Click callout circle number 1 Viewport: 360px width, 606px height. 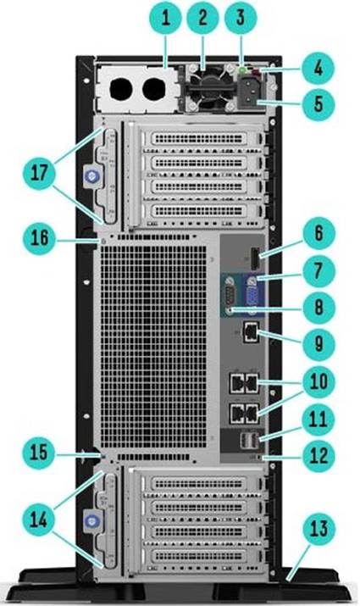[x=167, y=18]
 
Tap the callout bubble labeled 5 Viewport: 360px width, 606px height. [x=318, y=103]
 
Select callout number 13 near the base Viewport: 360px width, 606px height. [x=318, y=529]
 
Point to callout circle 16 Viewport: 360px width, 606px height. [x=40, y=237]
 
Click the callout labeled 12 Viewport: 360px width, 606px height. [x=318, y=456]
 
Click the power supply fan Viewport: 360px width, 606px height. [x=210, y=88]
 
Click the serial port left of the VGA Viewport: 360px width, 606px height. [x=230, y=297]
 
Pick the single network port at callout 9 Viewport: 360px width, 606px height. [x=250, y=333]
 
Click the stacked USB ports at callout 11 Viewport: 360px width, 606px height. [x=248, y=440]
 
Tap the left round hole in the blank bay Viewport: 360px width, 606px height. [x=121, y=89]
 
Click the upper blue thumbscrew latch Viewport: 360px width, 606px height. [x=91, y=176]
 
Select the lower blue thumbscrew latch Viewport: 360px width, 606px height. [x=91, y=522]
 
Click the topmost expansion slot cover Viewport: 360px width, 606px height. [x=199, y=138]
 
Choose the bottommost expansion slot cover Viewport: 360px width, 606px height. [x=199, y=557]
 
